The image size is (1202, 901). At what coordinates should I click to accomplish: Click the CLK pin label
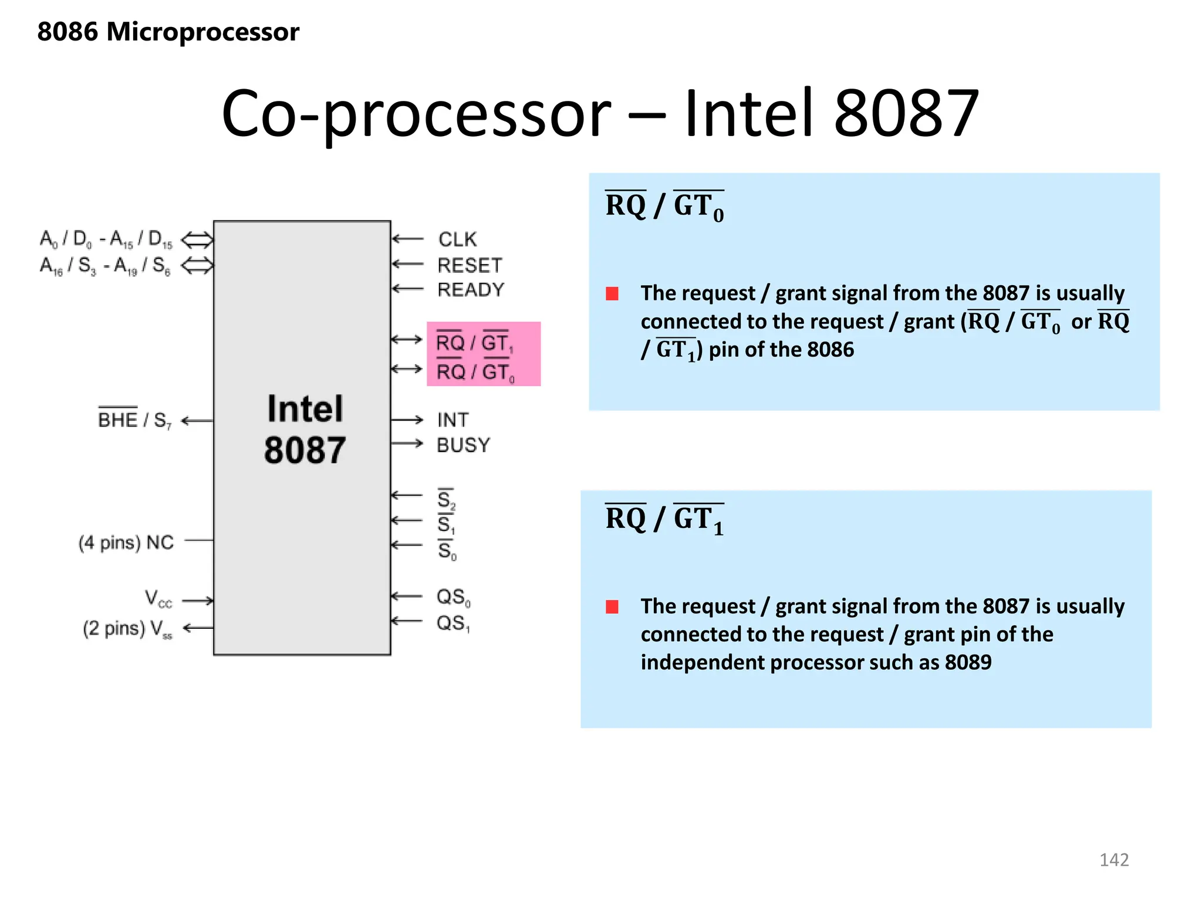457,239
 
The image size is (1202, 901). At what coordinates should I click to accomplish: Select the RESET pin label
470,265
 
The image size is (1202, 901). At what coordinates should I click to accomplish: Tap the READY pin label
471,290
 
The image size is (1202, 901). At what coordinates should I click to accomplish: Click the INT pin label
453,420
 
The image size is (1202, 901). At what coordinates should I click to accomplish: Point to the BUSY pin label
463,445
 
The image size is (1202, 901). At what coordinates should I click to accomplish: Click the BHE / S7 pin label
134,419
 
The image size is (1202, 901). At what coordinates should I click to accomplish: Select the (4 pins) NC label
126,542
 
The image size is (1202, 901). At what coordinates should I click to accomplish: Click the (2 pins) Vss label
127,629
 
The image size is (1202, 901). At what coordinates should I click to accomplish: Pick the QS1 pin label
453,623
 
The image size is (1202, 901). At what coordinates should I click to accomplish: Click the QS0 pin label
453,597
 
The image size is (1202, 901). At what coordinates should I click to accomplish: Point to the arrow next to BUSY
407,443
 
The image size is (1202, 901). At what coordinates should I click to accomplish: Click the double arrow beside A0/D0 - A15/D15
197,240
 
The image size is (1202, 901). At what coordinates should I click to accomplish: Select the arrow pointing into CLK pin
407,239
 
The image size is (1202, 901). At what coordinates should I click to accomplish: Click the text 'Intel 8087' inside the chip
305,429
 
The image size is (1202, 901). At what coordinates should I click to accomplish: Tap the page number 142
1113,860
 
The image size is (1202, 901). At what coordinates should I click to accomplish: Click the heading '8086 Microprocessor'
168,32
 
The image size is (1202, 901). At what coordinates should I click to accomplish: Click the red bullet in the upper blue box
612,293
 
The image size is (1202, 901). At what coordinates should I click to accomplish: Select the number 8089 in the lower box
968,662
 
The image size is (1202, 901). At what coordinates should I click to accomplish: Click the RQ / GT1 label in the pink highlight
474,343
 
